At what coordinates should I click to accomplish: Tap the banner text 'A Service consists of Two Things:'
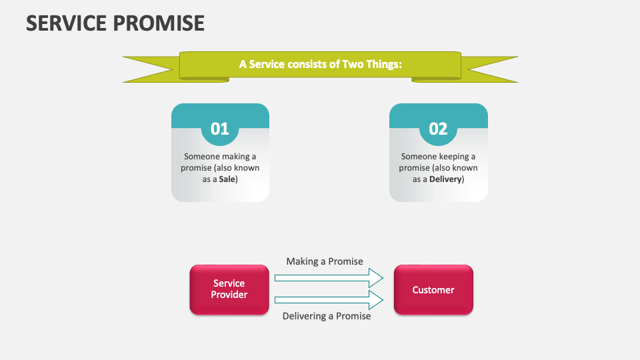pos(320,64)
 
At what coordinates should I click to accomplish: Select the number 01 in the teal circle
pos(220,129)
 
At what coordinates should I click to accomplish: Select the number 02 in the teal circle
pos(438,129)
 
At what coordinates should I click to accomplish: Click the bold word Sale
pos(228,179)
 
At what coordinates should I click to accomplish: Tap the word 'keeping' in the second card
pos(453,157)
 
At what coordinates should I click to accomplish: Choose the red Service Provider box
pos(229,289)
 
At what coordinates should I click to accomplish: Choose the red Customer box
pos(433,289)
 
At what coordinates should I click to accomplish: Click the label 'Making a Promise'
pos(325,261)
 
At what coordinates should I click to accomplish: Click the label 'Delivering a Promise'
pos(327,316)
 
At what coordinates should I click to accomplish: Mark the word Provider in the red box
pos(229,295)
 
